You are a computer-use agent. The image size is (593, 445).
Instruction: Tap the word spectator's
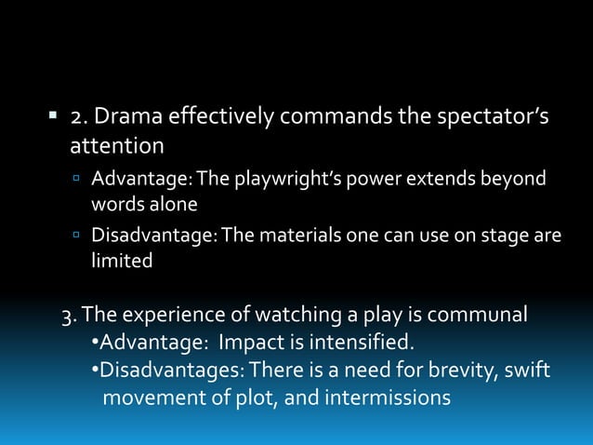click(483, 117)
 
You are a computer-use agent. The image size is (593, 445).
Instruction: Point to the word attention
click(117, 146)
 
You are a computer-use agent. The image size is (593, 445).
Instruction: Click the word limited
click(121, 261)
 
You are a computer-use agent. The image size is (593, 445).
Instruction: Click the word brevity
click(462, 371)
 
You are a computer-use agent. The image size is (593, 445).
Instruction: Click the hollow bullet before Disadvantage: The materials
click(79, 236)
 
